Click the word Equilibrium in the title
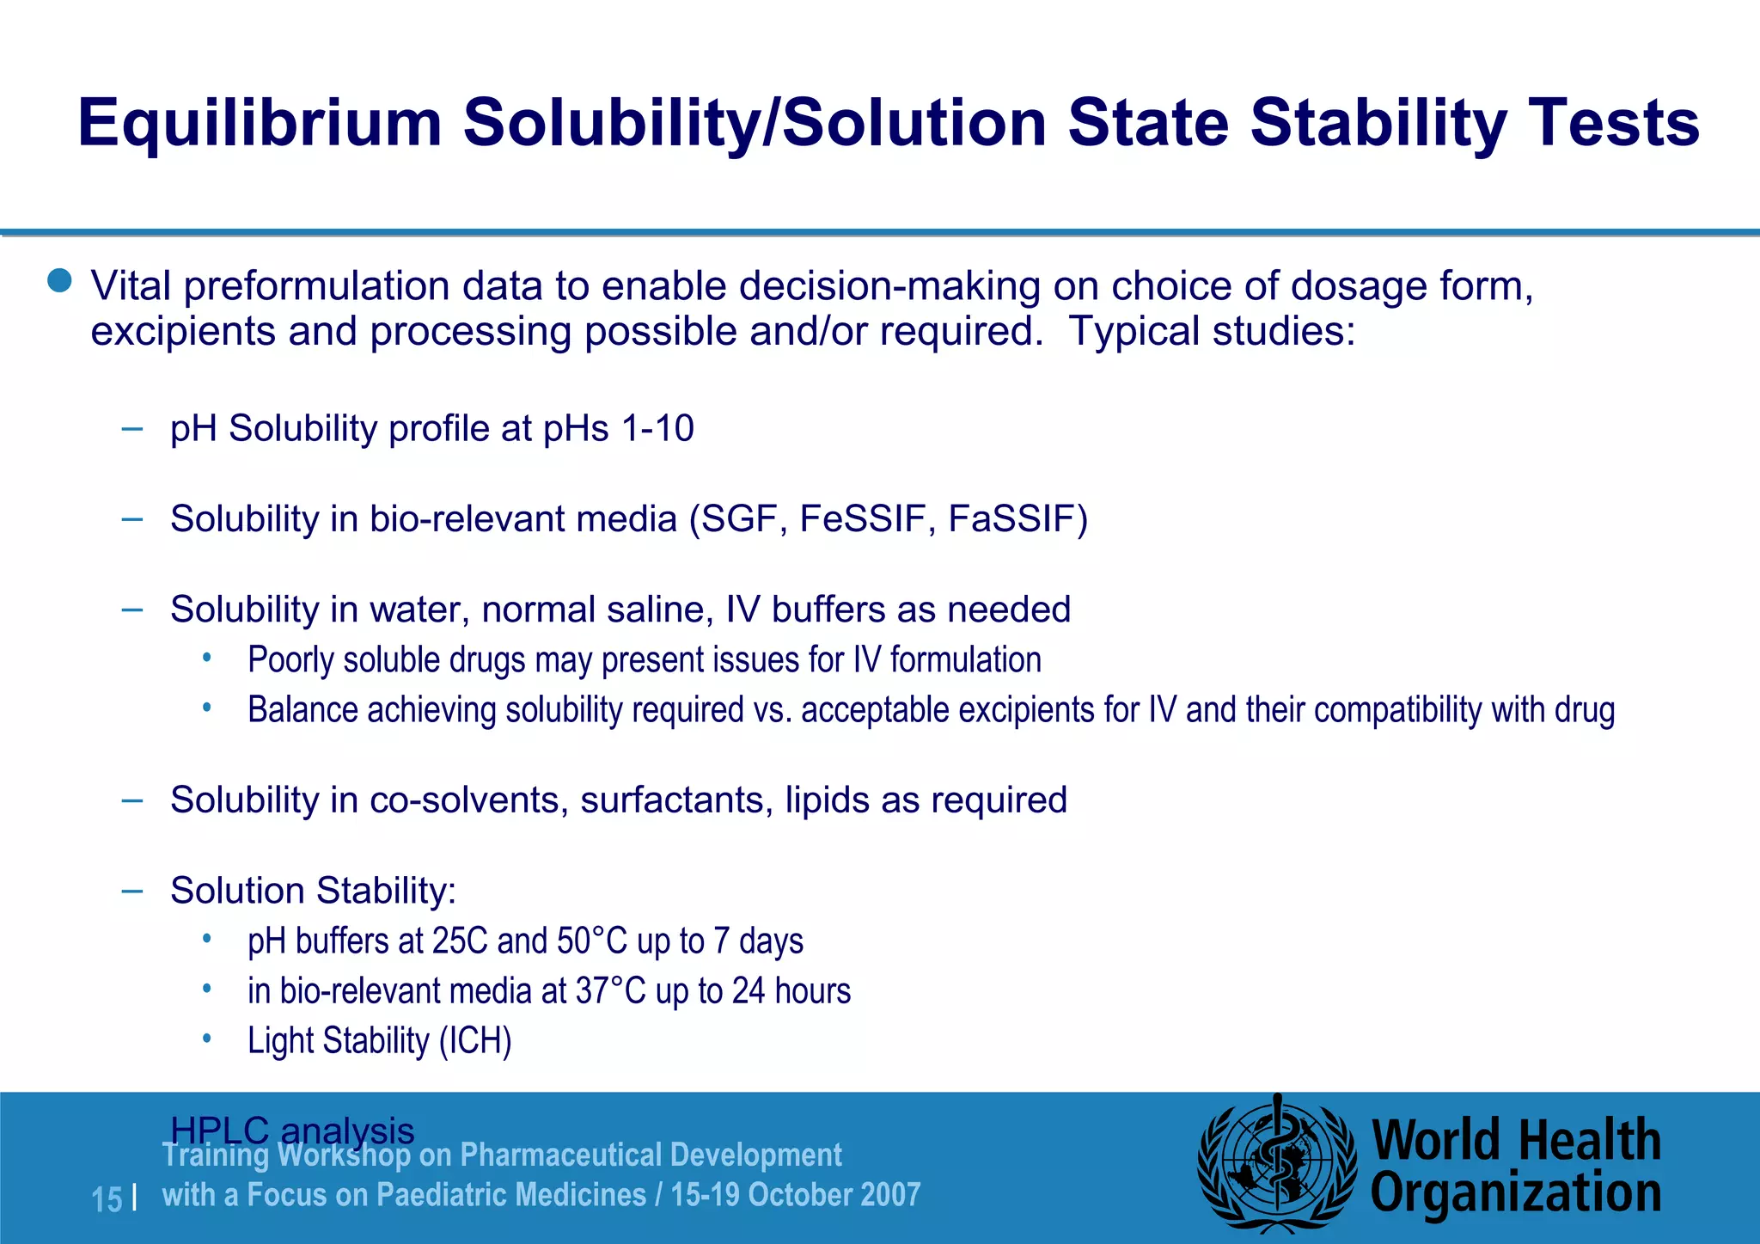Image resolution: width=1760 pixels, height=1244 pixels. coord(259,124)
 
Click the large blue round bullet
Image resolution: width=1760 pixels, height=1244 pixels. coord(59,280)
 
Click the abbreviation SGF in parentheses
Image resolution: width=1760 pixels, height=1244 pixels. coord(743,519)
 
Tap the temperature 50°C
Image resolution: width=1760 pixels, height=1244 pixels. coord(592,941)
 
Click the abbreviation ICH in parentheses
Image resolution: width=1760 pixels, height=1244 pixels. coord(475,1041)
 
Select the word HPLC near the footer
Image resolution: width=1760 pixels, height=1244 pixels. coord(220,1131)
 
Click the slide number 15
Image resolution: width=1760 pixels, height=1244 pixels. coord(107,1199)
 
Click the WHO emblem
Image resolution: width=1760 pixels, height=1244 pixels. coord(1277,1166)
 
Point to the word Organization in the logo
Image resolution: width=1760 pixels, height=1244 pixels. coord(1515,1194)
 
